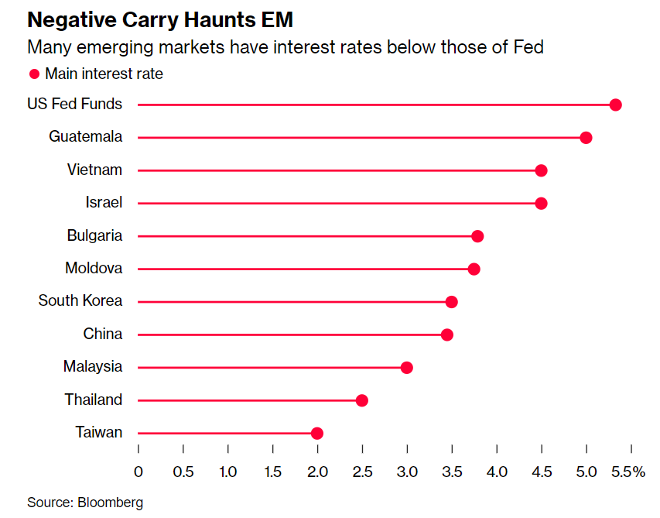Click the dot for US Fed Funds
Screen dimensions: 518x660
point(615,105)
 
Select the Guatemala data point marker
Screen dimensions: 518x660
point(586,138)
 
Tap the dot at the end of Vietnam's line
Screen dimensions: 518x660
point(541,170)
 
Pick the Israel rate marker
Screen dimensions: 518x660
point(541,204)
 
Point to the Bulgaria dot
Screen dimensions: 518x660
point(477,236)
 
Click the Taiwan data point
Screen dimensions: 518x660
point(316,434)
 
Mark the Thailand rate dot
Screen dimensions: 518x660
point(361,400)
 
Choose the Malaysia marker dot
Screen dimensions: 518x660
point(406,368)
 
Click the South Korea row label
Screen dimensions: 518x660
point(80,301)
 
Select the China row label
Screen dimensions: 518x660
point(103,334)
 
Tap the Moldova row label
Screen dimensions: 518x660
point(94,269)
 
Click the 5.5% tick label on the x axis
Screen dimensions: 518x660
point(629,472)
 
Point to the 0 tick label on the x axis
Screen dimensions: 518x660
point(138,472)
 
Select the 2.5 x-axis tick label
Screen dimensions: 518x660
point(362,472)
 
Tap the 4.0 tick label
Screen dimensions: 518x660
point(497,472)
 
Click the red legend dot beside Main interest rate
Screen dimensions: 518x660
point(34,74)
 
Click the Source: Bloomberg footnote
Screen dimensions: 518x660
point(85,503)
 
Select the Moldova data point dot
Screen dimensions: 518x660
point(474,269)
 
